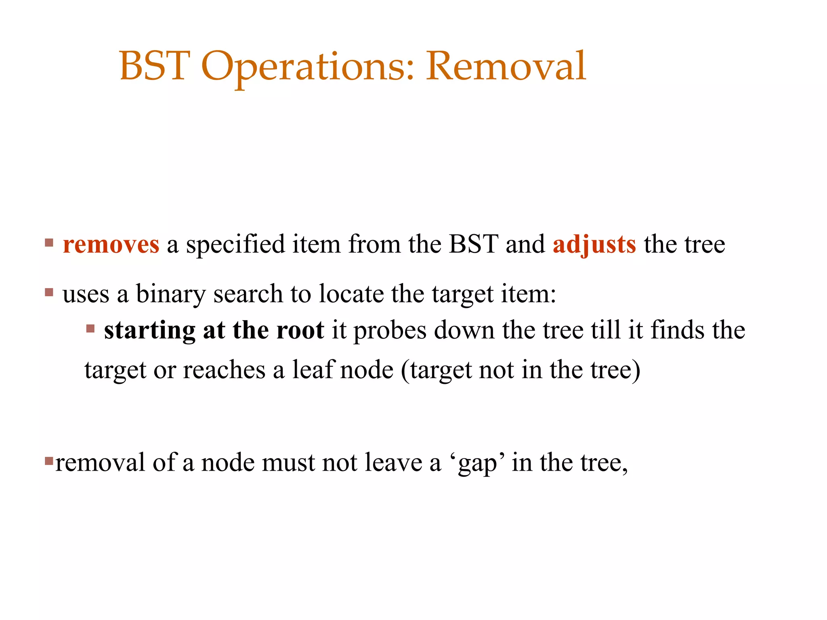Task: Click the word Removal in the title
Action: [x=506, y=66]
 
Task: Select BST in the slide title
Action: [x=155, y=66]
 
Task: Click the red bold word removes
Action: [x=111, y=245]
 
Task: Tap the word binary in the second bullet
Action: [x=170, y=294]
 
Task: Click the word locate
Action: [x=351, y=294]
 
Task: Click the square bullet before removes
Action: [x=49, y=243]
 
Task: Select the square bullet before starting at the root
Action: [x=90, y=329]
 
